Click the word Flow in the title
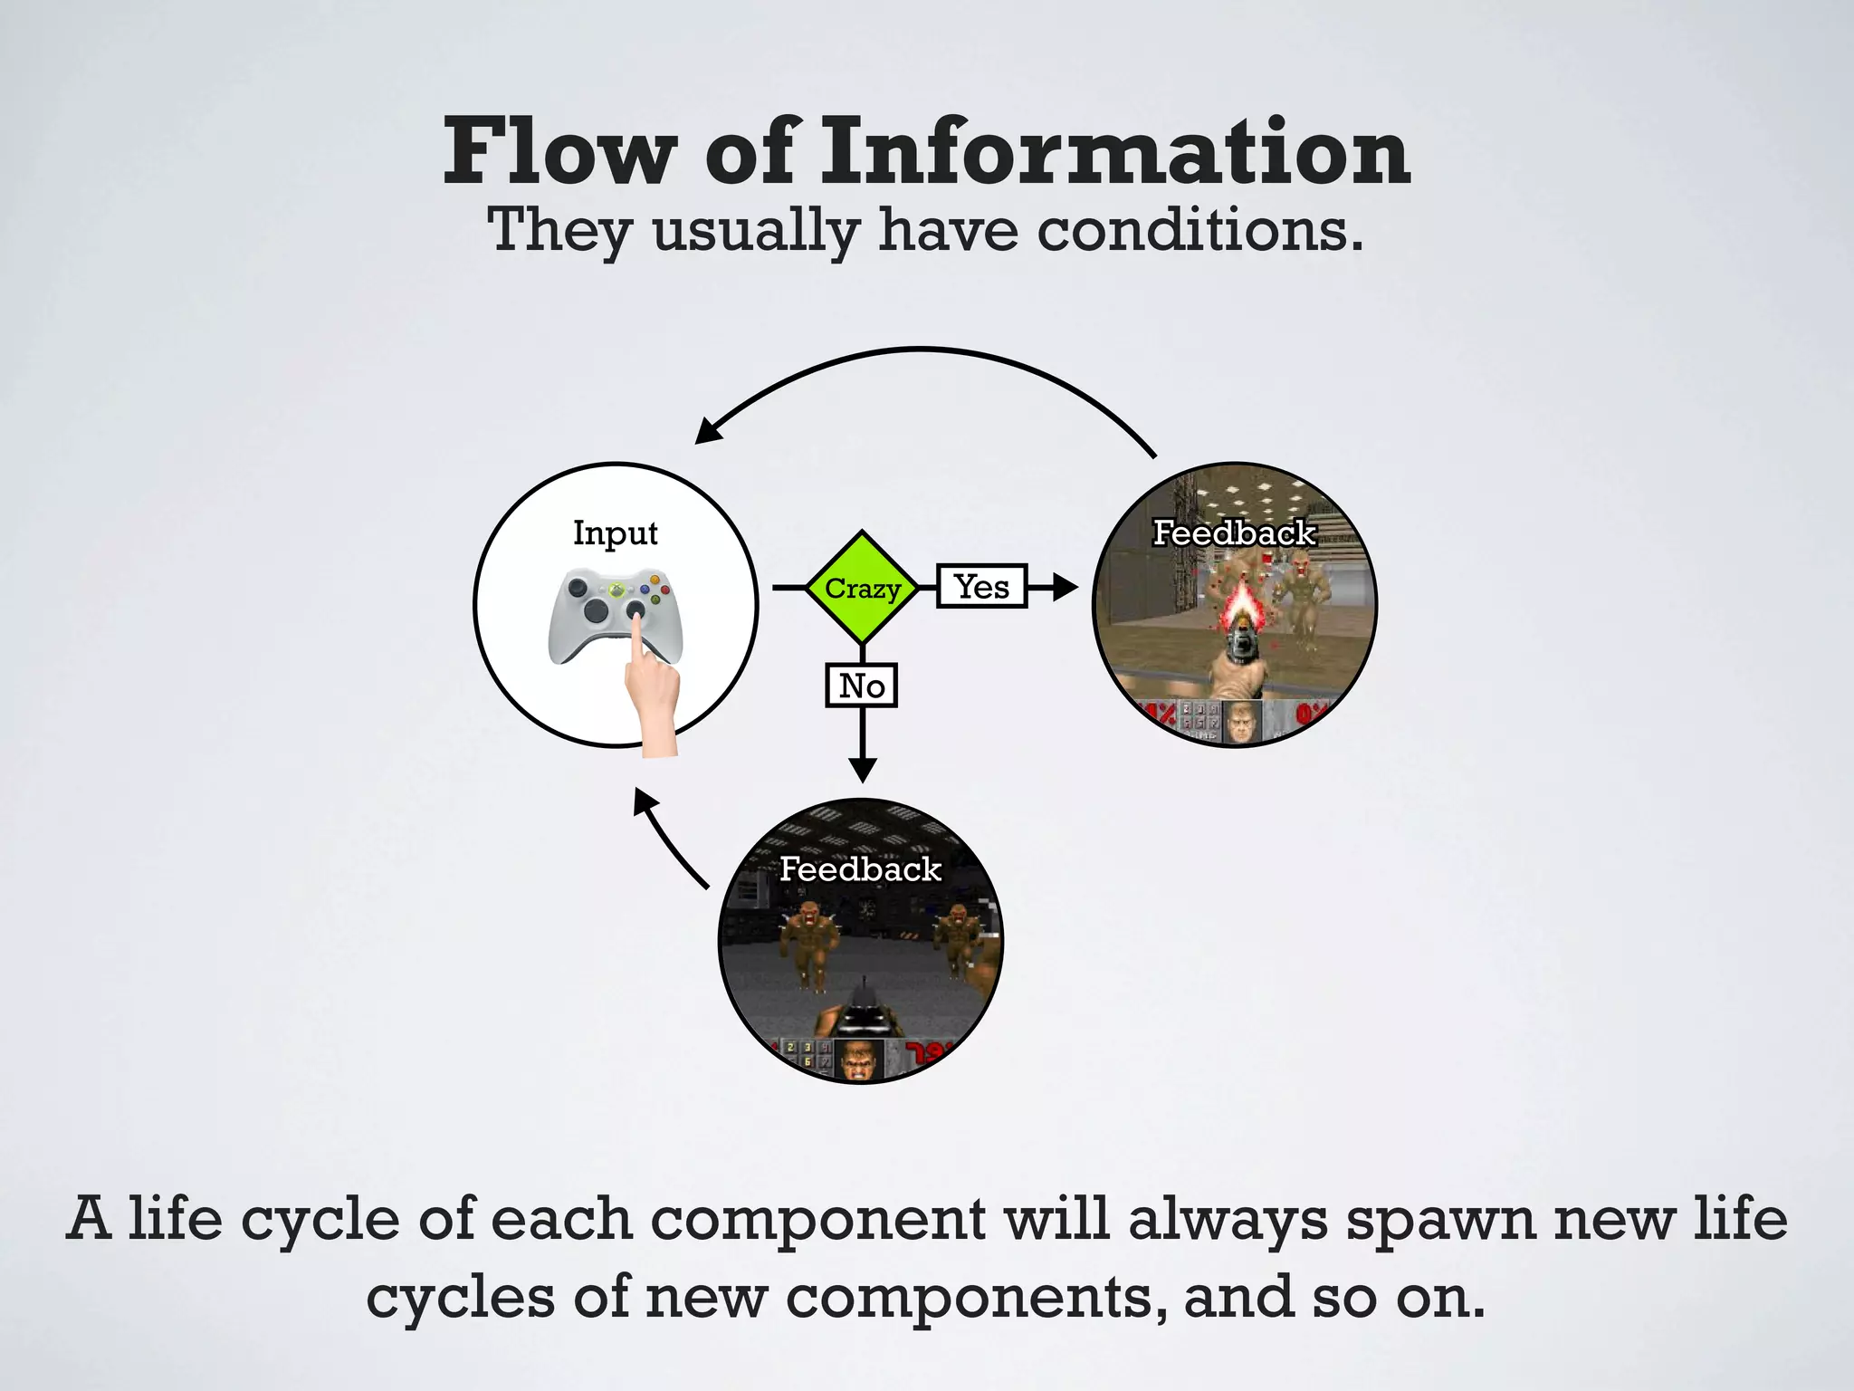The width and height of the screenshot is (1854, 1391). [x=559, y=151]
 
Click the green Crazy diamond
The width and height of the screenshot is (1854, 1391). [x=862, y=588]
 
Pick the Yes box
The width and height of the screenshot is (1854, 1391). [x=981, y=587]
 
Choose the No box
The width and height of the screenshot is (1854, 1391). [x=862, y=686]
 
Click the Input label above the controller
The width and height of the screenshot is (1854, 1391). [x=615, y=532]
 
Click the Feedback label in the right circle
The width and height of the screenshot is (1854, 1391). [x=1234, y=532]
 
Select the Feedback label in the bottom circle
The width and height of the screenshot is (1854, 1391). [x=860, y=869]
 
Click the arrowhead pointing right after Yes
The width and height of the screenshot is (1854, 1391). [x=1065, y=588]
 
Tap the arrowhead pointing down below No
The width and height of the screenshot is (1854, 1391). [x=863, y=770]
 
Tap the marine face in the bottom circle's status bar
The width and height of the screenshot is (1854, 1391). [x=856, y=1060]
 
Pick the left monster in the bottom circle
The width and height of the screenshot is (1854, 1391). [x=800, y=942]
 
